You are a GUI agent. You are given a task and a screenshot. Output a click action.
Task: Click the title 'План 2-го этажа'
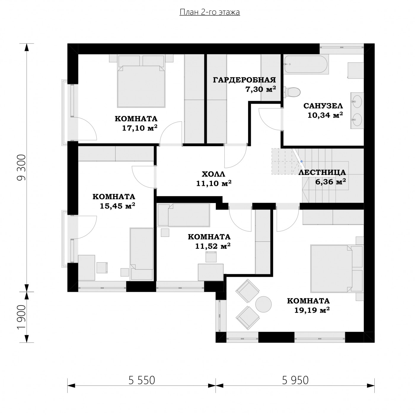[210, 12]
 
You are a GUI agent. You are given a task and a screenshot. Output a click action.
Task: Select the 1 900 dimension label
[22, 317]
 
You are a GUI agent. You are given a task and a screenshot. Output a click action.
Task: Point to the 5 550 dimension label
[142, 380]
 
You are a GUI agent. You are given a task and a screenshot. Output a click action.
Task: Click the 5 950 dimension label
[295, 380]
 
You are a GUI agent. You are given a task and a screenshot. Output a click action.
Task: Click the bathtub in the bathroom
[306, 64]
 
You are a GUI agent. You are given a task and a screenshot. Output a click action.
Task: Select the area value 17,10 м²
[140, 128]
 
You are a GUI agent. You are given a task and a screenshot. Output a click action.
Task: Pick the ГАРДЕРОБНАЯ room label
[245, 80]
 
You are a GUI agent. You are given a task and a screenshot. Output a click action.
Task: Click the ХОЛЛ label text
[213, 174]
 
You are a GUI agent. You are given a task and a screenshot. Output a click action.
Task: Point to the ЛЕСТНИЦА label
[322, 172]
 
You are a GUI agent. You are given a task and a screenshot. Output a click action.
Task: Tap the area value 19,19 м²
[312, 310]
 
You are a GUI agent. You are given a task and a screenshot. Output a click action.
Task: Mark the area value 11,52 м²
[213, 246]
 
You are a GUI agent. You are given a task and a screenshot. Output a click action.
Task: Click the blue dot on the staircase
[301, 161]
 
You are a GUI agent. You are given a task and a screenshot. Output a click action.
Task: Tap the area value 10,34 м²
[325, 115]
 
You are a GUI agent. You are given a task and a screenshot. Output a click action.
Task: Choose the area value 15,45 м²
[117, 206]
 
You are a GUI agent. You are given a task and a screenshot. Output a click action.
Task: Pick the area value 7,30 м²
[261, 89]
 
